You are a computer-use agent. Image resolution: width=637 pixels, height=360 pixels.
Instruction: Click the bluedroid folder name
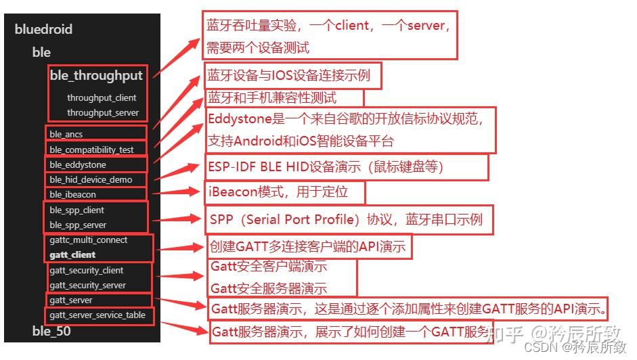pos(43,30)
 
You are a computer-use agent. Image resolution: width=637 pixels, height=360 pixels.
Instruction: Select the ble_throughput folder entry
pos(96,76)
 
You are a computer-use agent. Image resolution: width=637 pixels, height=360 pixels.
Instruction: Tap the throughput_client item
pos(102,98)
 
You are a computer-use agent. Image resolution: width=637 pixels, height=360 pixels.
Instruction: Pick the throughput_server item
pos(103,113)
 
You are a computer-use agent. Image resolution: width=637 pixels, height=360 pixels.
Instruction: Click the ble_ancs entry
pos(66,135)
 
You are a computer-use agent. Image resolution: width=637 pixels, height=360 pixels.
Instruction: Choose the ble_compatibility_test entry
pos(91,150)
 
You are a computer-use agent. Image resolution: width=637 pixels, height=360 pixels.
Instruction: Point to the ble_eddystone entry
pos(78,164)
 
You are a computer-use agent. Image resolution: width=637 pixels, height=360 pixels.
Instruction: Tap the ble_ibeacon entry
pos(73,195)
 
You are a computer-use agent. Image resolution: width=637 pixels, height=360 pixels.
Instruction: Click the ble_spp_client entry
pos(77,210)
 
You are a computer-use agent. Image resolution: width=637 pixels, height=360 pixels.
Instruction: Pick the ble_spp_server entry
pos(78,225)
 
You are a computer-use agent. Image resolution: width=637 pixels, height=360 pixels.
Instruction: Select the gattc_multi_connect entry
pos(89,240)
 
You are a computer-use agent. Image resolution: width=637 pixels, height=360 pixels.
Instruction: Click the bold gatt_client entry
pos(73,255)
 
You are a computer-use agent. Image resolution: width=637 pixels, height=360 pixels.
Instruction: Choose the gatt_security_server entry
pos(88,286)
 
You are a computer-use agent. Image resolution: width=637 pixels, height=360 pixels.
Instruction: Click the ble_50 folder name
pos(51,331)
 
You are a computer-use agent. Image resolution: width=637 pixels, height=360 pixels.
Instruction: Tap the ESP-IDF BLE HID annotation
pos(345,167)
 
